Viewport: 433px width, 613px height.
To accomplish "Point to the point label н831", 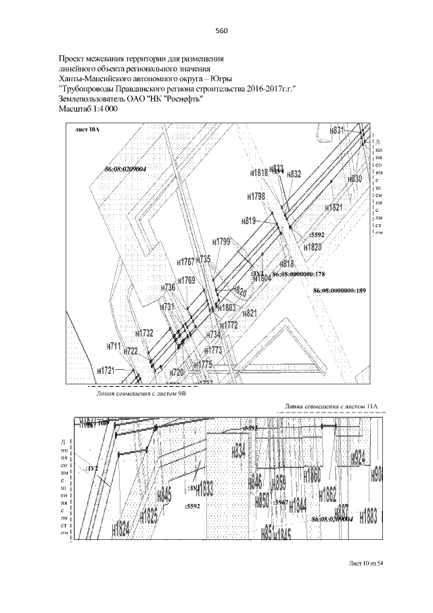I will pyautogui.click(x=337, y=129).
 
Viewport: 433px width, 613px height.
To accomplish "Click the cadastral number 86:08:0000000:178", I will pyautogui.click(x=299, y=274).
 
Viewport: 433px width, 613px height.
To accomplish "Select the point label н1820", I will pyautogui.click(x=313, y=247).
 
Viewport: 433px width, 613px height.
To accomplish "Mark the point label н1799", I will pyautogui.click(x=222, y=241).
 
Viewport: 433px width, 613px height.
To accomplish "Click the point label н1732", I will pyautogui.click(x=144, y=333).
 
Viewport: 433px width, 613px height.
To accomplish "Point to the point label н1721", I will pyautogui.click(x=106, y=371).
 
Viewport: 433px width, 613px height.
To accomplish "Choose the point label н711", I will pyautogui.click(x=113, y=346).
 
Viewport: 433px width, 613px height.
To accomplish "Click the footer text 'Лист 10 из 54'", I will pyautogui.click(x=366, y=564).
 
